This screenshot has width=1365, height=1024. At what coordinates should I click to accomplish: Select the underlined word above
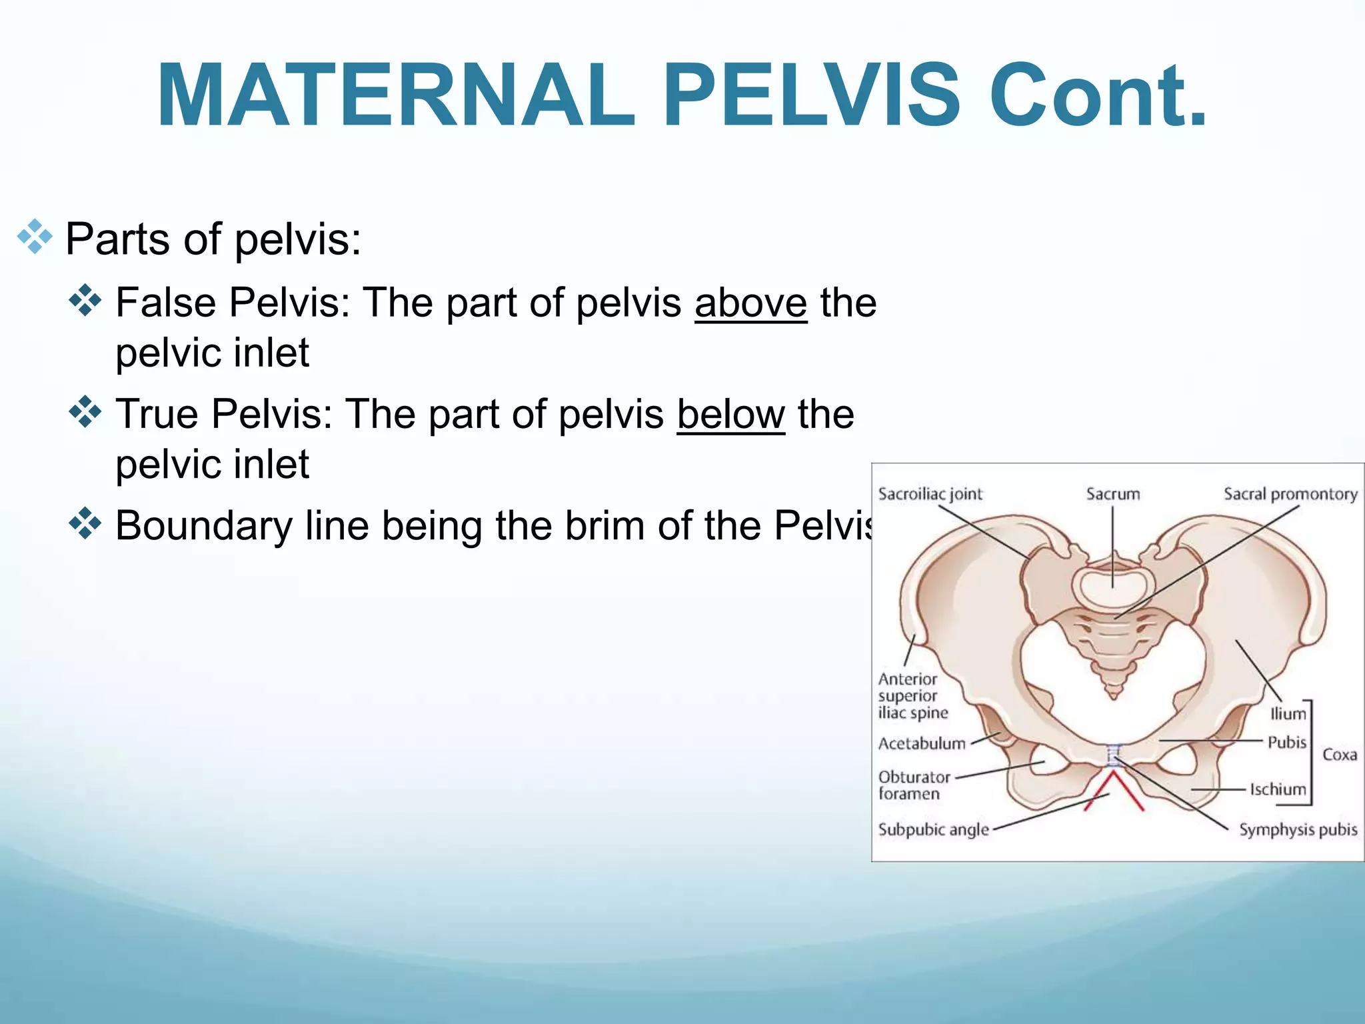750,303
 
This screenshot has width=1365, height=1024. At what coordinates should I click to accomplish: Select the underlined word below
730,415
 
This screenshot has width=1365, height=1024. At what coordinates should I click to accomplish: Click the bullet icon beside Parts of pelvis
35,237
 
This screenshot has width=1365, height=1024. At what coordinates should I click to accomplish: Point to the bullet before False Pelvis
85,301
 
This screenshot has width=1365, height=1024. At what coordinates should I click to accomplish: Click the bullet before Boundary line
85,523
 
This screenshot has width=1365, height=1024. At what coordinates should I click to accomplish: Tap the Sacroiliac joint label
930,494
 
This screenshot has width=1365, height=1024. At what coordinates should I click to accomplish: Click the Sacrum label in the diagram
1113,494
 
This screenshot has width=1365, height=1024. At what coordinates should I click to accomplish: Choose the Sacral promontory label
1290,494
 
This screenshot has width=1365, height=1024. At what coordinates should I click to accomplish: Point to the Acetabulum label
922,743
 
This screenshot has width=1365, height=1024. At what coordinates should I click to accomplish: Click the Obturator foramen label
914,785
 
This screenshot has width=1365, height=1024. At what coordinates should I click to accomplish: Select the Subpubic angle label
933,829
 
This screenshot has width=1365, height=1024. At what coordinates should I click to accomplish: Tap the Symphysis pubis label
1298,829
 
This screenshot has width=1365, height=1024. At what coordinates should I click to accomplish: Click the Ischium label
1278,789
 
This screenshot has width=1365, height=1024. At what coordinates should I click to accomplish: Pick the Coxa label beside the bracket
1340,755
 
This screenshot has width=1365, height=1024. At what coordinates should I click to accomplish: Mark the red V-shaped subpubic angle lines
1113,790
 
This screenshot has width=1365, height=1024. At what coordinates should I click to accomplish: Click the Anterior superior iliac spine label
912,696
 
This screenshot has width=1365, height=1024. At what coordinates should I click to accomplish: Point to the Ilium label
1288,714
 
